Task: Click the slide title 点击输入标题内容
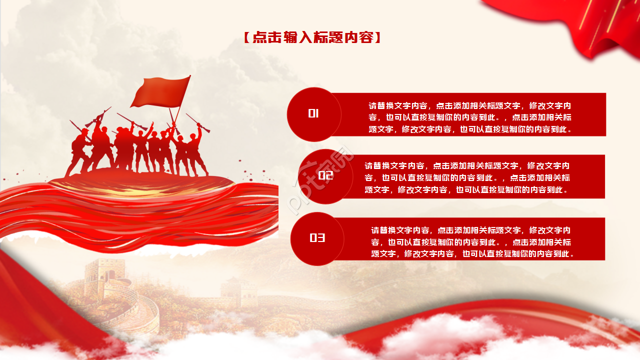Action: click(x=313, y=37)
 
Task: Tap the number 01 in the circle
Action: click(x=313, y=113)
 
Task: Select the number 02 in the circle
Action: click(x=325, y=175)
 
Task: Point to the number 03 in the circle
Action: click(x=317, y=238)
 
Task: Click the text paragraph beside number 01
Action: click(x=470, y=117)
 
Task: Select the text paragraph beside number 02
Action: click(x=467, y=177)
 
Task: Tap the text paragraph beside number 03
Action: click(x=472, y=242)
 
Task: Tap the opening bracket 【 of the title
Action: click(x=246, y=37)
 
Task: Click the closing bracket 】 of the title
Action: click(x=378, y=37)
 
